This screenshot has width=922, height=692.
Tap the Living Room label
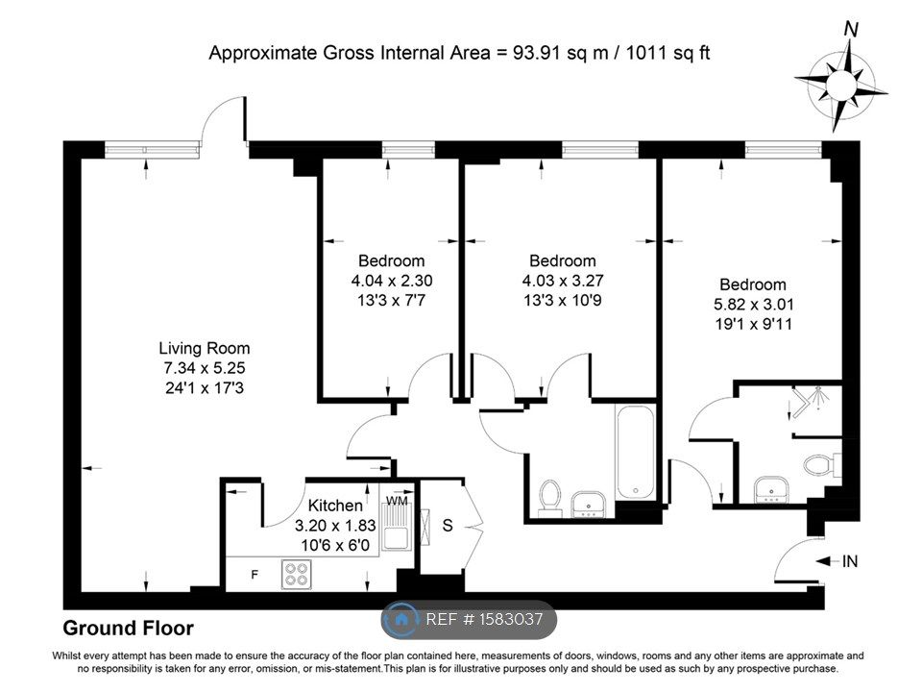[x=205, y=348]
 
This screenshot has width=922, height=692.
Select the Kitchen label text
[x=335, y=506]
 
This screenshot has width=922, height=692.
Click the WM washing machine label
[x=396, y=502]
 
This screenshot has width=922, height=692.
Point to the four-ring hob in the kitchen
[x=297, y=574]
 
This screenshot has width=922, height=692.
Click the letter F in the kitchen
[x=255, y=575]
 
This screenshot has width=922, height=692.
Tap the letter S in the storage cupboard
[x=447, y=527]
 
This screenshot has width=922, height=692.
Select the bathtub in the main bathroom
[x=635, y=452]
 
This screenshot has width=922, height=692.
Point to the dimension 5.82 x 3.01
[x=753, y=305]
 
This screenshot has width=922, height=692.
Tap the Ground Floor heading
[x=128, y=629]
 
